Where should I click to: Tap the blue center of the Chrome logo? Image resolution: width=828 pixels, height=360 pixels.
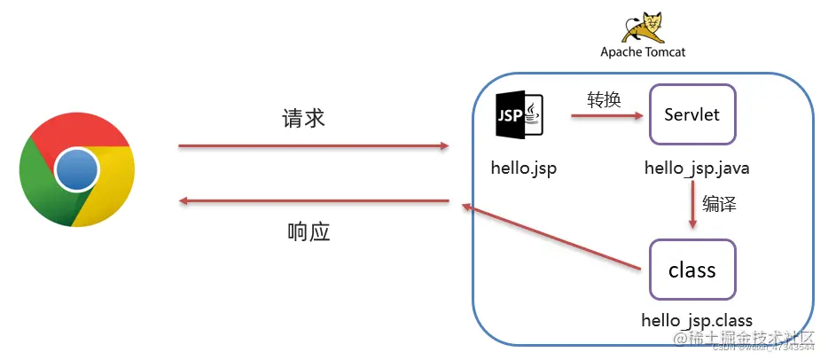tap(76, 168)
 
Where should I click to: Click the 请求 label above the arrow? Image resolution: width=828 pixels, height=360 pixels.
tap(304, 119)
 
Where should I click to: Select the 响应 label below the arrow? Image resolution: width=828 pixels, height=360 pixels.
tap(309, 232)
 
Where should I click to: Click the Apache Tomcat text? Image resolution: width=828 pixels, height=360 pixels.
tap(643, 52)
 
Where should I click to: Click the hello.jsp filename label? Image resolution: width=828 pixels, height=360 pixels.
tap(524, 168)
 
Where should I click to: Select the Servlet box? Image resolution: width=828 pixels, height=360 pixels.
tap(692, 114)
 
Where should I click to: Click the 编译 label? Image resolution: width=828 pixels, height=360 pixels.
tap(720, 204)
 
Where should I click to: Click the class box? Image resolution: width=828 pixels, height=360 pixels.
tap(692, 270)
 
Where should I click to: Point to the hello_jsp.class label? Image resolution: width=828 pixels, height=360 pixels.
tap(698, 319)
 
